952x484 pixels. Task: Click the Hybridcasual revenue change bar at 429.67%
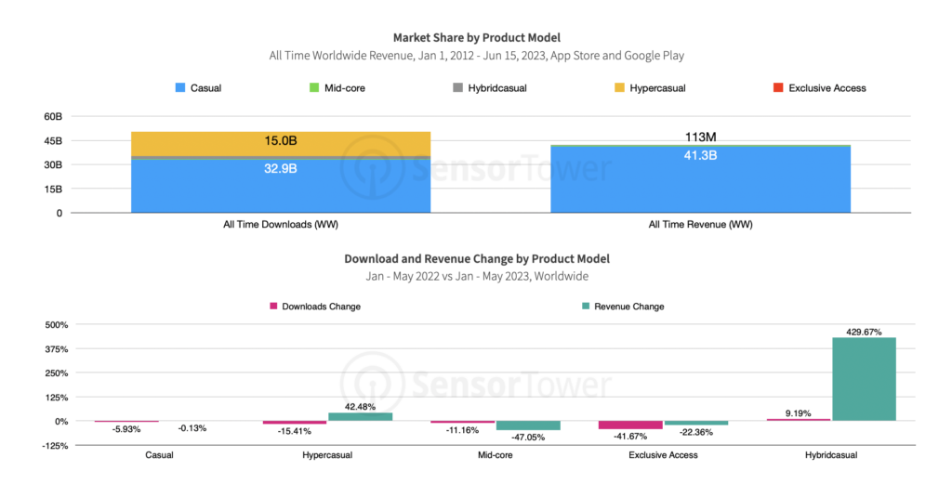coord(864,379)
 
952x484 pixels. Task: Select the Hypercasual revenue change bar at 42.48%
coord(361,416)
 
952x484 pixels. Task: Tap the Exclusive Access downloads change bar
coord(629,425)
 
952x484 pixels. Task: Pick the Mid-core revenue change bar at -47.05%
coord(528,425)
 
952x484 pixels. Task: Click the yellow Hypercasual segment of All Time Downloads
coord(281,143)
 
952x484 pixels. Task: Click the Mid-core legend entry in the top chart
coord(341,88)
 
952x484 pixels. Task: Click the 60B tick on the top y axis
coord(52,117)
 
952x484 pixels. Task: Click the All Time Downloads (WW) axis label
coord(280,225)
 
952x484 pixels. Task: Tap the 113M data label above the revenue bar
coord(699,137)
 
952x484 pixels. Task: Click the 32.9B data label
coord(281,169)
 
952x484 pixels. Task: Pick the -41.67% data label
coord(629,437)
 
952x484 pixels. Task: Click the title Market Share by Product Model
coord(476,38)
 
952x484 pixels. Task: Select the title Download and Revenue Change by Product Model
coord(476,258)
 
